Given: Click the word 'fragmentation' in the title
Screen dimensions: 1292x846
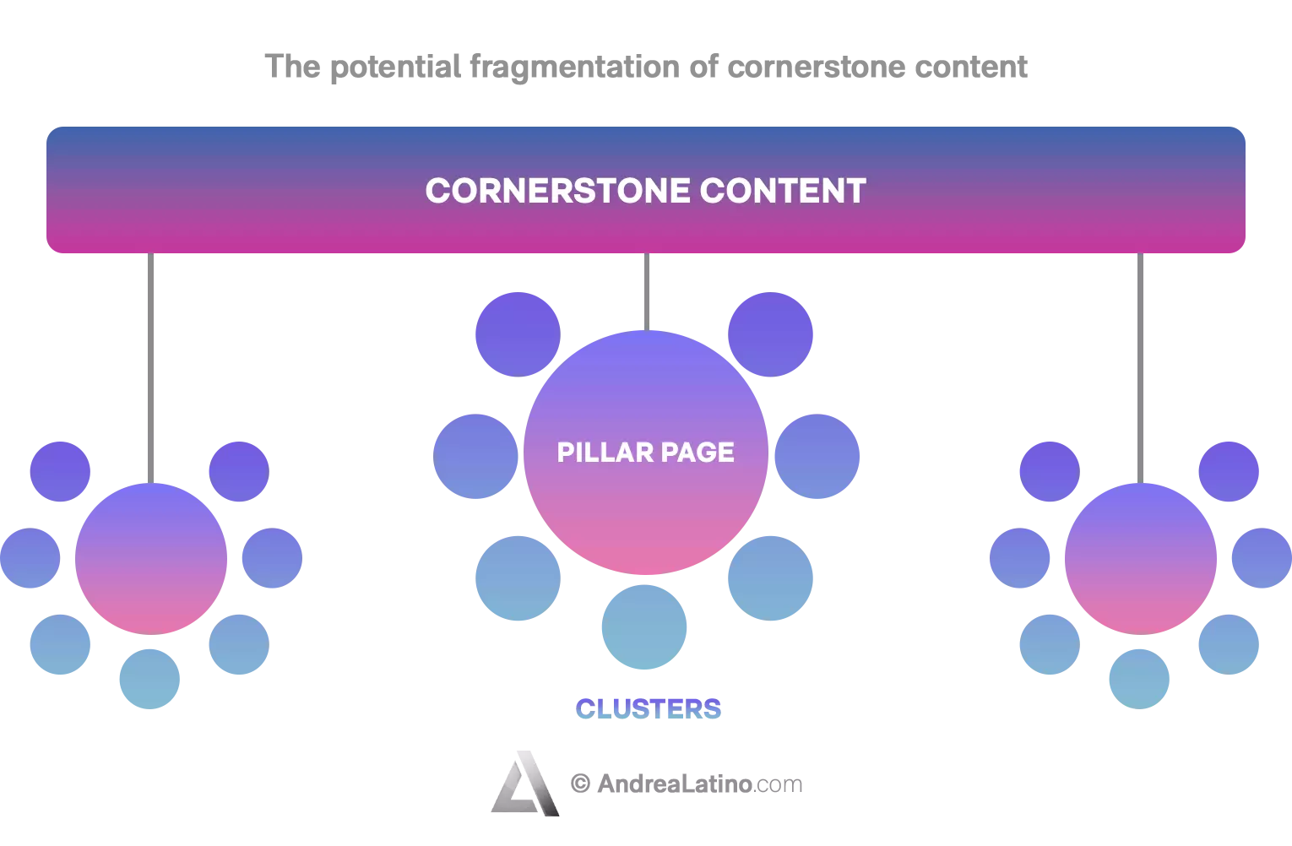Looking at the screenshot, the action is tap(575, 68).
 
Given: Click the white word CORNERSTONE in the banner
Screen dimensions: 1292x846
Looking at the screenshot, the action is tap(557, 190).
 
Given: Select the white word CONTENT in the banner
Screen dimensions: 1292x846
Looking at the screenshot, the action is tap(783, 190).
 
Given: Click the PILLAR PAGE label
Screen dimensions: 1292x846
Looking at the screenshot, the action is tap(645, 452).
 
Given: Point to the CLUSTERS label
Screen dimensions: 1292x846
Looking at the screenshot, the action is tap(649, 708).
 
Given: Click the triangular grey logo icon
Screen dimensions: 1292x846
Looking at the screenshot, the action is tap(525, 784).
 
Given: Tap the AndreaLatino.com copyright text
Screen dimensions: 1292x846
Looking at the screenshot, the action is tap(687, 784).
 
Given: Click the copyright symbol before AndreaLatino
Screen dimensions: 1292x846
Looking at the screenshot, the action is tap(580, 784).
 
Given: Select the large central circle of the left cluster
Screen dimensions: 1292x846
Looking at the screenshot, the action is tap(151, 559).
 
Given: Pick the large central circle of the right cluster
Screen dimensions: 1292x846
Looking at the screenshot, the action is tap(1141, 559).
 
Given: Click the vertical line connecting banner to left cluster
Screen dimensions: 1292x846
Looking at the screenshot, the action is tap(150, 368).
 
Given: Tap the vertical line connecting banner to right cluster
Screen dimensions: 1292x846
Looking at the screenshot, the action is tap(1140, 368).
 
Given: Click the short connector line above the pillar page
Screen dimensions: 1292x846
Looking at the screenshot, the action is tap(647, 292).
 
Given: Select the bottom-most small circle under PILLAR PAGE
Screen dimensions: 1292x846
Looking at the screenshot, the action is tap(644, 626).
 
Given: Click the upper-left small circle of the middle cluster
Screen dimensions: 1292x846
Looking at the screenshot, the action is tap(518, 334).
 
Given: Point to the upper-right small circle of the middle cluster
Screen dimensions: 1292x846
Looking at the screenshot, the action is tap(771, 334).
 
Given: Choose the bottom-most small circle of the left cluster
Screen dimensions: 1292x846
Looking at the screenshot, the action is tap(150, 680).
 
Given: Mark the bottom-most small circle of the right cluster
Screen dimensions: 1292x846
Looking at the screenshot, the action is tap(1139, 680).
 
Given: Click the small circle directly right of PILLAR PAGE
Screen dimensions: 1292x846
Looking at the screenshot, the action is tap(817, 456).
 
